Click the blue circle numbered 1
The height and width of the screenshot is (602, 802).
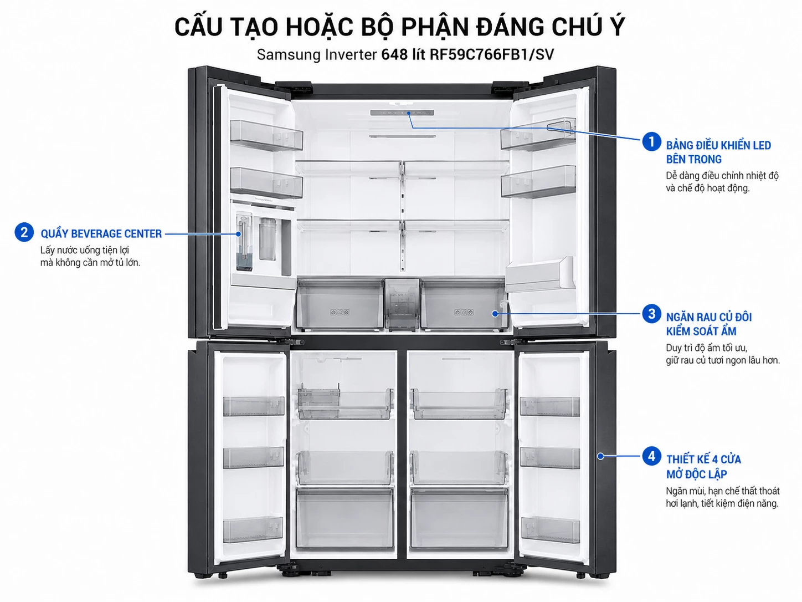651,141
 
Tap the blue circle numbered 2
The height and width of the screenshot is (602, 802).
24,232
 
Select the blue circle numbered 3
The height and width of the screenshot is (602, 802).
651,314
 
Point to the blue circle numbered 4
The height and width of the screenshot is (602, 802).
651,456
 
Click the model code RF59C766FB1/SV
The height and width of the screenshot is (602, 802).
491,54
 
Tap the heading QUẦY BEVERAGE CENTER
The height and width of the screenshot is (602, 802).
101,234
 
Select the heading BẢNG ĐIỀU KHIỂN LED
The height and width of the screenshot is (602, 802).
718,145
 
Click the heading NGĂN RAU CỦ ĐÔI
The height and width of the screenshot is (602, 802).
709,317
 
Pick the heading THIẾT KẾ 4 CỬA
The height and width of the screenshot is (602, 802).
703,460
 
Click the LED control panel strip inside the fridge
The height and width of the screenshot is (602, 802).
402,113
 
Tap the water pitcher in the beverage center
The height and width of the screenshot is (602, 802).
267,239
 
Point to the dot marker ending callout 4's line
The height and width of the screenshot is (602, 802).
600,456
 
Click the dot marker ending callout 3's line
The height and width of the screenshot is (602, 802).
495,314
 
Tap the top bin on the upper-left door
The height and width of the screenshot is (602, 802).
266,135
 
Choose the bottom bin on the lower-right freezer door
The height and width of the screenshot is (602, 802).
550,529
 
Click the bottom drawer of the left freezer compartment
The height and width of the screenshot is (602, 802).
345,518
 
